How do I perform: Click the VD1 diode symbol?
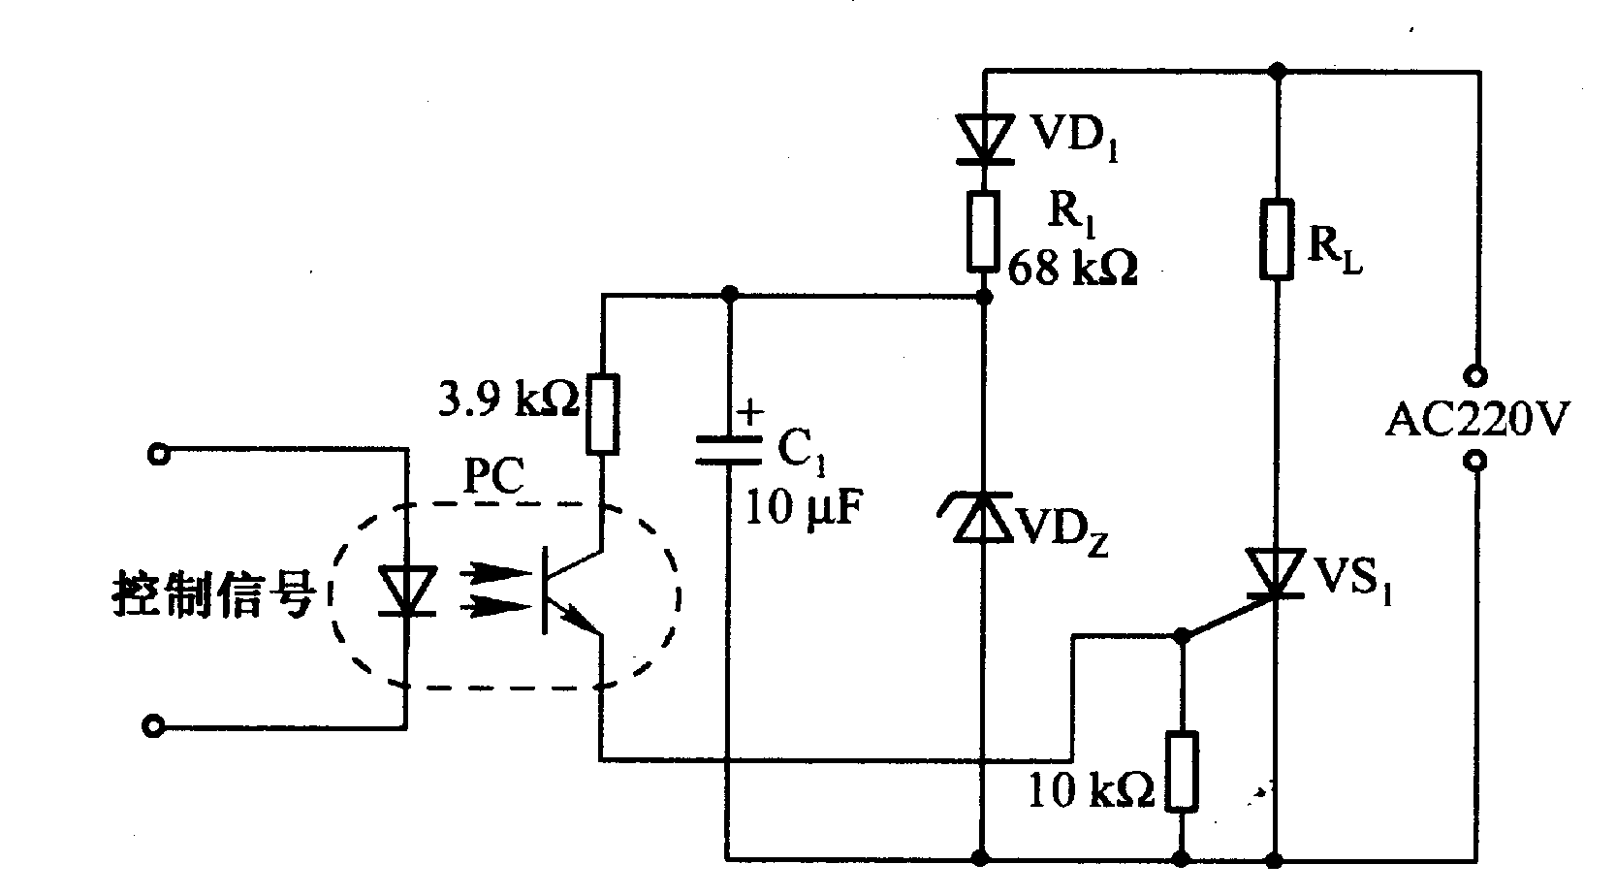pyautogui.click(x=984, y=138)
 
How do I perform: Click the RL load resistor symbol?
pyautogui.click(x=1278, y=239)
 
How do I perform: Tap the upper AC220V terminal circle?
pyautogui.click(x=1476, y=374)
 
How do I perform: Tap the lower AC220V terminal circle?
pyautogui.click(x=1476, y=462)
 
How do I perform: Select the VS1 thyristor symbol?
pyautogui.click(x=1277, y=573)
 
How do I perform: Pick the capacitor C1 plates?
pyautogui.click(x=729, y=449)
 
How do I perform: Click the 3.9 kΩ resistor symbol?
pyautogui.click(x=602, y=414)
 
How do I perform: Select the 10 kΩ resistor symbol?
pyautogui.click(x=1182, y=771)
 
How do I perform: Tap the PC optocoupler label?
pyautogui.click(x=494, y=478)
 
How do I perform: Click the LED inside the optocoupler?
pyautogui.click(x=405, y=592)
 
